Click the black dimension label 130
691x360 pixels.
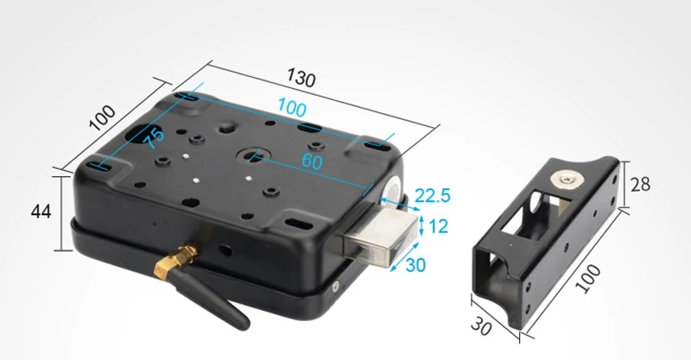click(x=301, y=78)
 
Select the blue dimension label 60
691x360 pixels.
click(x=312, y=161)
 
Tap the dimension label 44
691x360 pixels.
click(x=41, y=212)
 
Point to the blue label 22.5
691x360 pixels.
click(x=433, y=196)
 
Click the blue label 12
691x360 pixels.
click(x=438, y=226)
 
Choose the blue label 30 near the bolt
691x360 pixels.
click(x=415, y=265)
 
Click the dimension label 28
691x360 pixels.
click(x=640, y=185)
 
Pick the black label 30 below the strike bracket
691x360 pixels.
click(x=481, y=326)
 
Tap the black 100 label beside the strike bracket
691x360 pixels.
click(x=588, y=279)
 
